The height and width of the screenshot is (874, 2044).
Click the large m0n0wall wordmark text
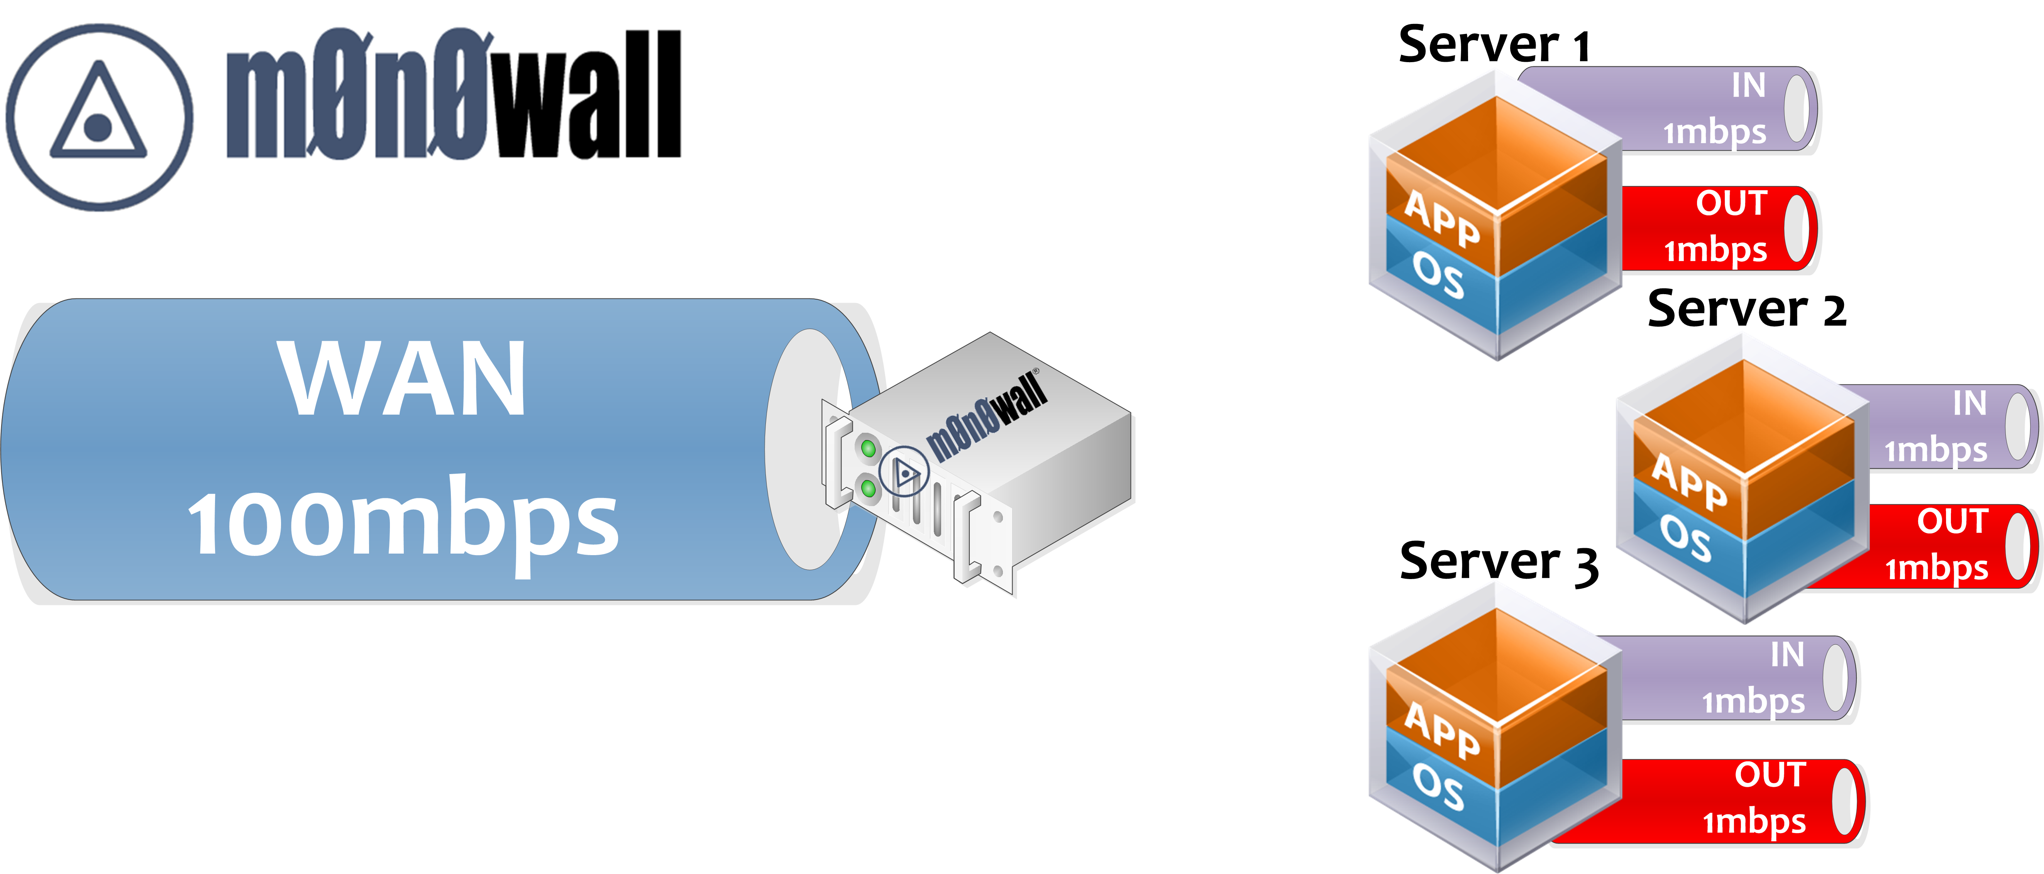(x=454, y=94)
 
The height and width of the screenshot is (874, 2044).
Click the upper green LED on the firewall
(x=869, y=449)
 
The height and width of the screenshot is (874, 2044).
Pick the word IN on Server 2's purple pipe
(x=1970, y=403)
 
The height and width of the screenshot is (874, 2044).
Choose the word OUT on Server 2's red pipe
(x=1953, y=522)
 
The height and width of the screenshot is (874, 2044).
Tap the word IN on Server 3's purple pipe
(x=1788, y=655)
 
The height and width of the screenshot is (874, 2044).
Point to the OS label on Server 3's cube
(x=1438, y=788)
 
